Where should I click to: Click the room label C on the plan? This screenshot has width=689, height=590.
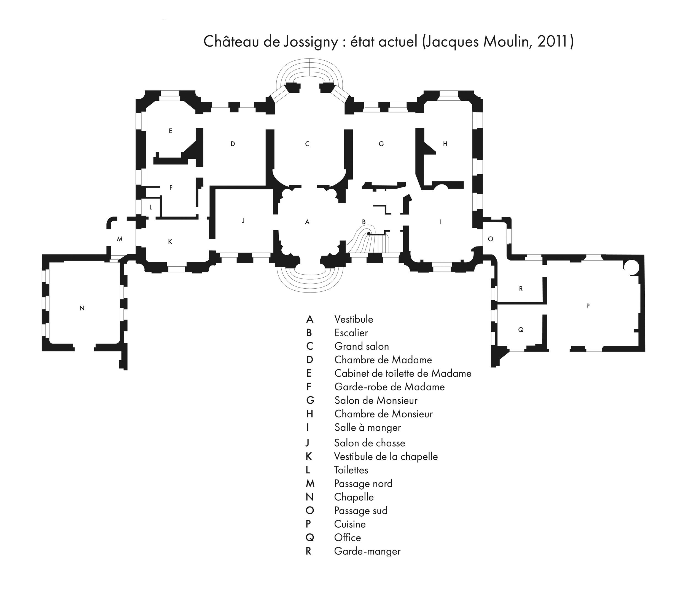[307, 144]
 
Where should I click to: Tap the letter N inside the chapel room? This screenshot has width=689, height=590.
[82, 308]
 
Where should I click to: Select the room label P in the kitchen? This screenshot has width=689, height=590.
[588, 306]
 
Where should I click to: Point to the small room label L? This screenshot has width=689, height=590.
[151, 207]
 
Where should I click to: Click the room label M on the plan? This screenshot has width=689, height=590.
[120, 239]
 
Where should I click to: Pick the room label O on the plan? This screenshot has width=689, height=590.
[491, 239]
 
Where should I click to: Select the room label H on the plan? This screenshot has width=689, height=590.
[445, 144]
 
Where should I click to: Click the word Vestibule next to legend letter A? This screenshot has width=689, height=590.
[354, 319]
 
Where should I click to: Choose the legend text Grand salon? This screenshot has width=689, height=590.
[362, 346]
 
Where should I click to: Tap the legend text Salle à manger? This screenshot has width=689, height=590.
[368, 427]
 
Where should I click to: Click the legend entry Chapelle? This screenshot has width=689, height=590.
[354, 497]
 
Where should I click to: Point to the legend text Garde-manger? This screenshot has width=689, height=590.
[367, 551]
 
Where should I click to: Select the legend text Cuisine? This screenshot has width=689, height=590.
[350, 524]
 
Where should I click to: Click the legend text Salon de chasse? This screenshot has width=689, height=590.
[370, 443]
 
